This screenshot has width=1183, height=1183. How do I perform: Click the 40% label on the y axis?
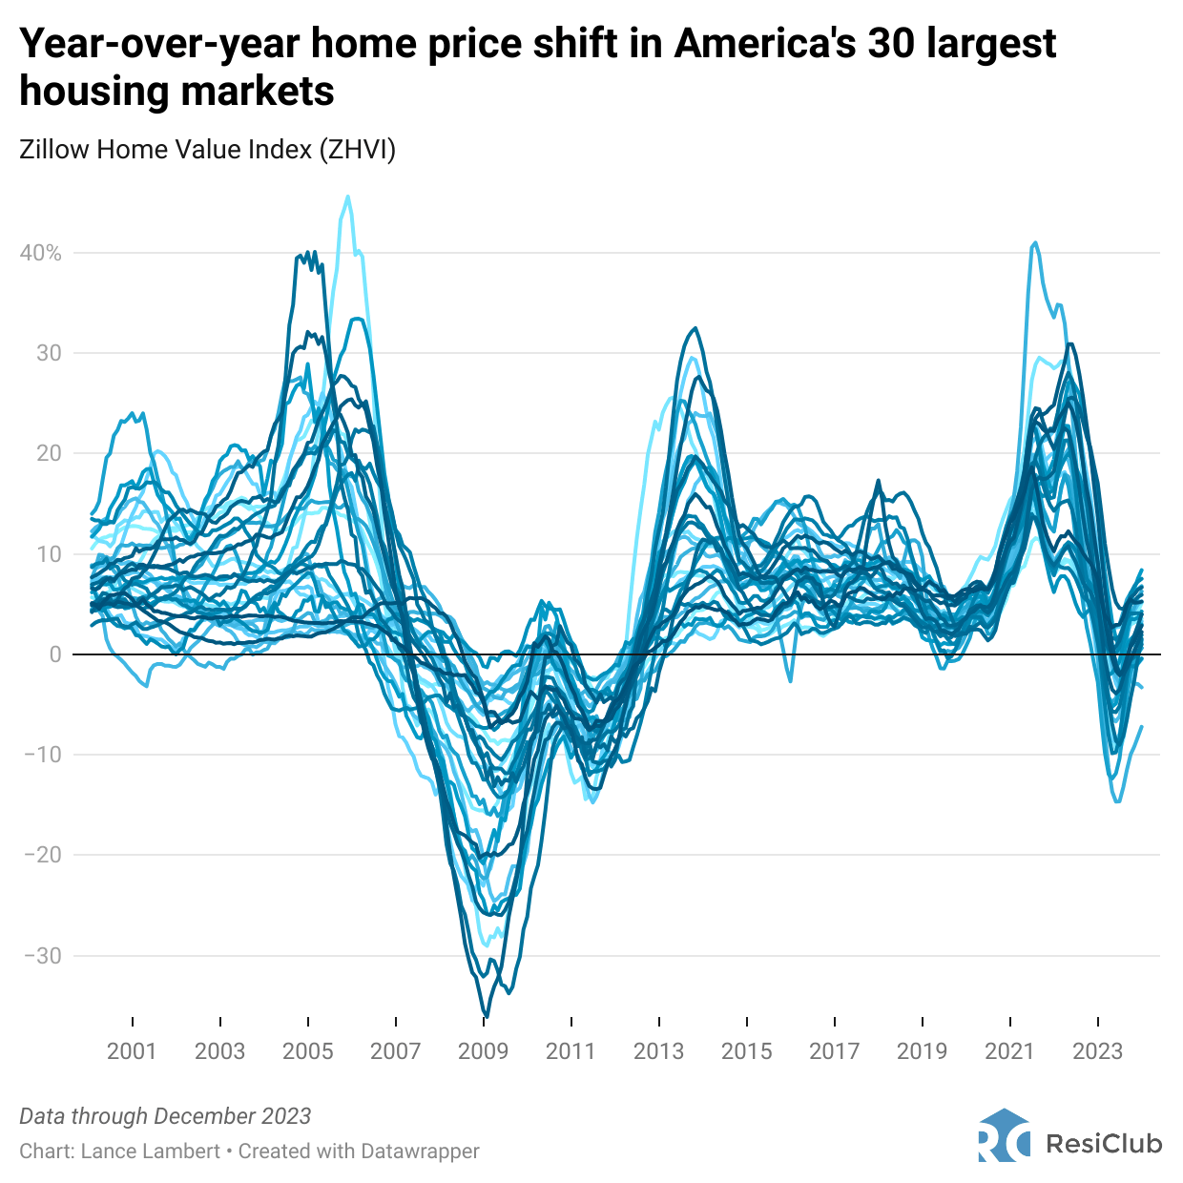pyautogui.click(x=40, y=253)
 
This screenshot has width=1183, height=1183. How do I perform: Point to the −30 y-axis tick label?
pyautogui.click(x=40, y=956)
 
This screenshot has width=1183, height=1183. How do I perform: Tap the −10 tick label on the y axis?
pyautogui.click(x=40, y=755)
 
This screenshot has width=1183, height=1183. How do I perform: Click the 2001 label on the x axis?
pyautogui.click(x=132, y=1051)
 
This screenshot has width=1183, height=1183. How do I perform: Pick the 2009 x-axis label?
pyautogui.click(x=483, y=1051)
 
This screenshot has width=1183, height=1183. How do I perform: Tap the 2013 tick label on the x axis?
pyautogui.click(x=658, y=1051)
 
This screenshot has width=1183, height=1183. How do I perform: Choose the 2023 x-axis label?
pyautogui.click(x=1097, y=1051)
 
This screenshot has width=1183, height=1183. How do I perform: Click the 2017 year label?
pyautogui.click(x=834, y=1051)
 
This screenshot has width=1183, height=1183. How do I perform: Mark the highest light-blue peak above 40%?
pyautogui.click(x=347, y=197)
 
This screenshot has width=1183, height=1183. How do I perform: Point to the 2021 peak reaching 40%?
pyautogui.click(x=1035, y=243)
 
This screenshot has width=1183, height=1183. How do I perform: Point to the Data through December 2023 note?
pyautogui.click(x=165, y=1116)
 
